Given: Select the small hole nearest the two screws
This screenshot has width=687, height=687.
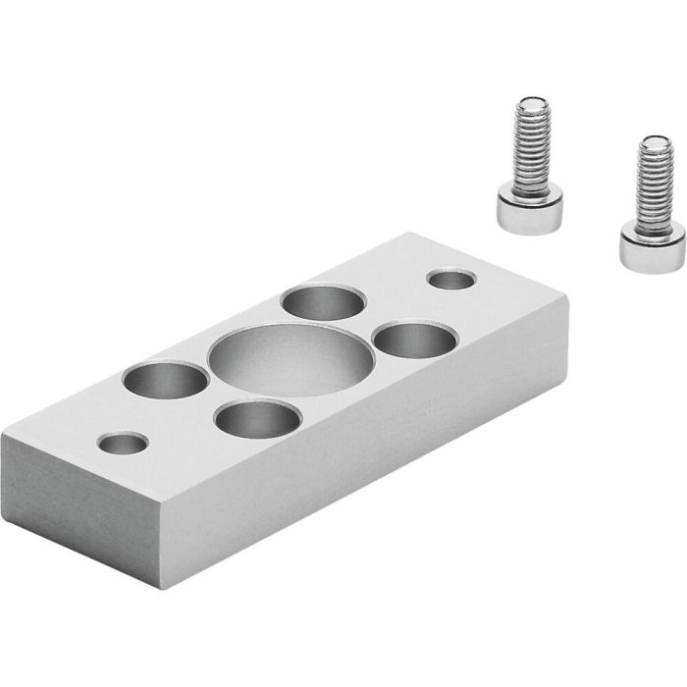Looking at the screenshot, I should coord(451,280).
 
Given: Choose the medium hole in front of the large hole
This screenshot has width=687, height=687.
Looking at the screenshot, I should coord(257,420).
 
